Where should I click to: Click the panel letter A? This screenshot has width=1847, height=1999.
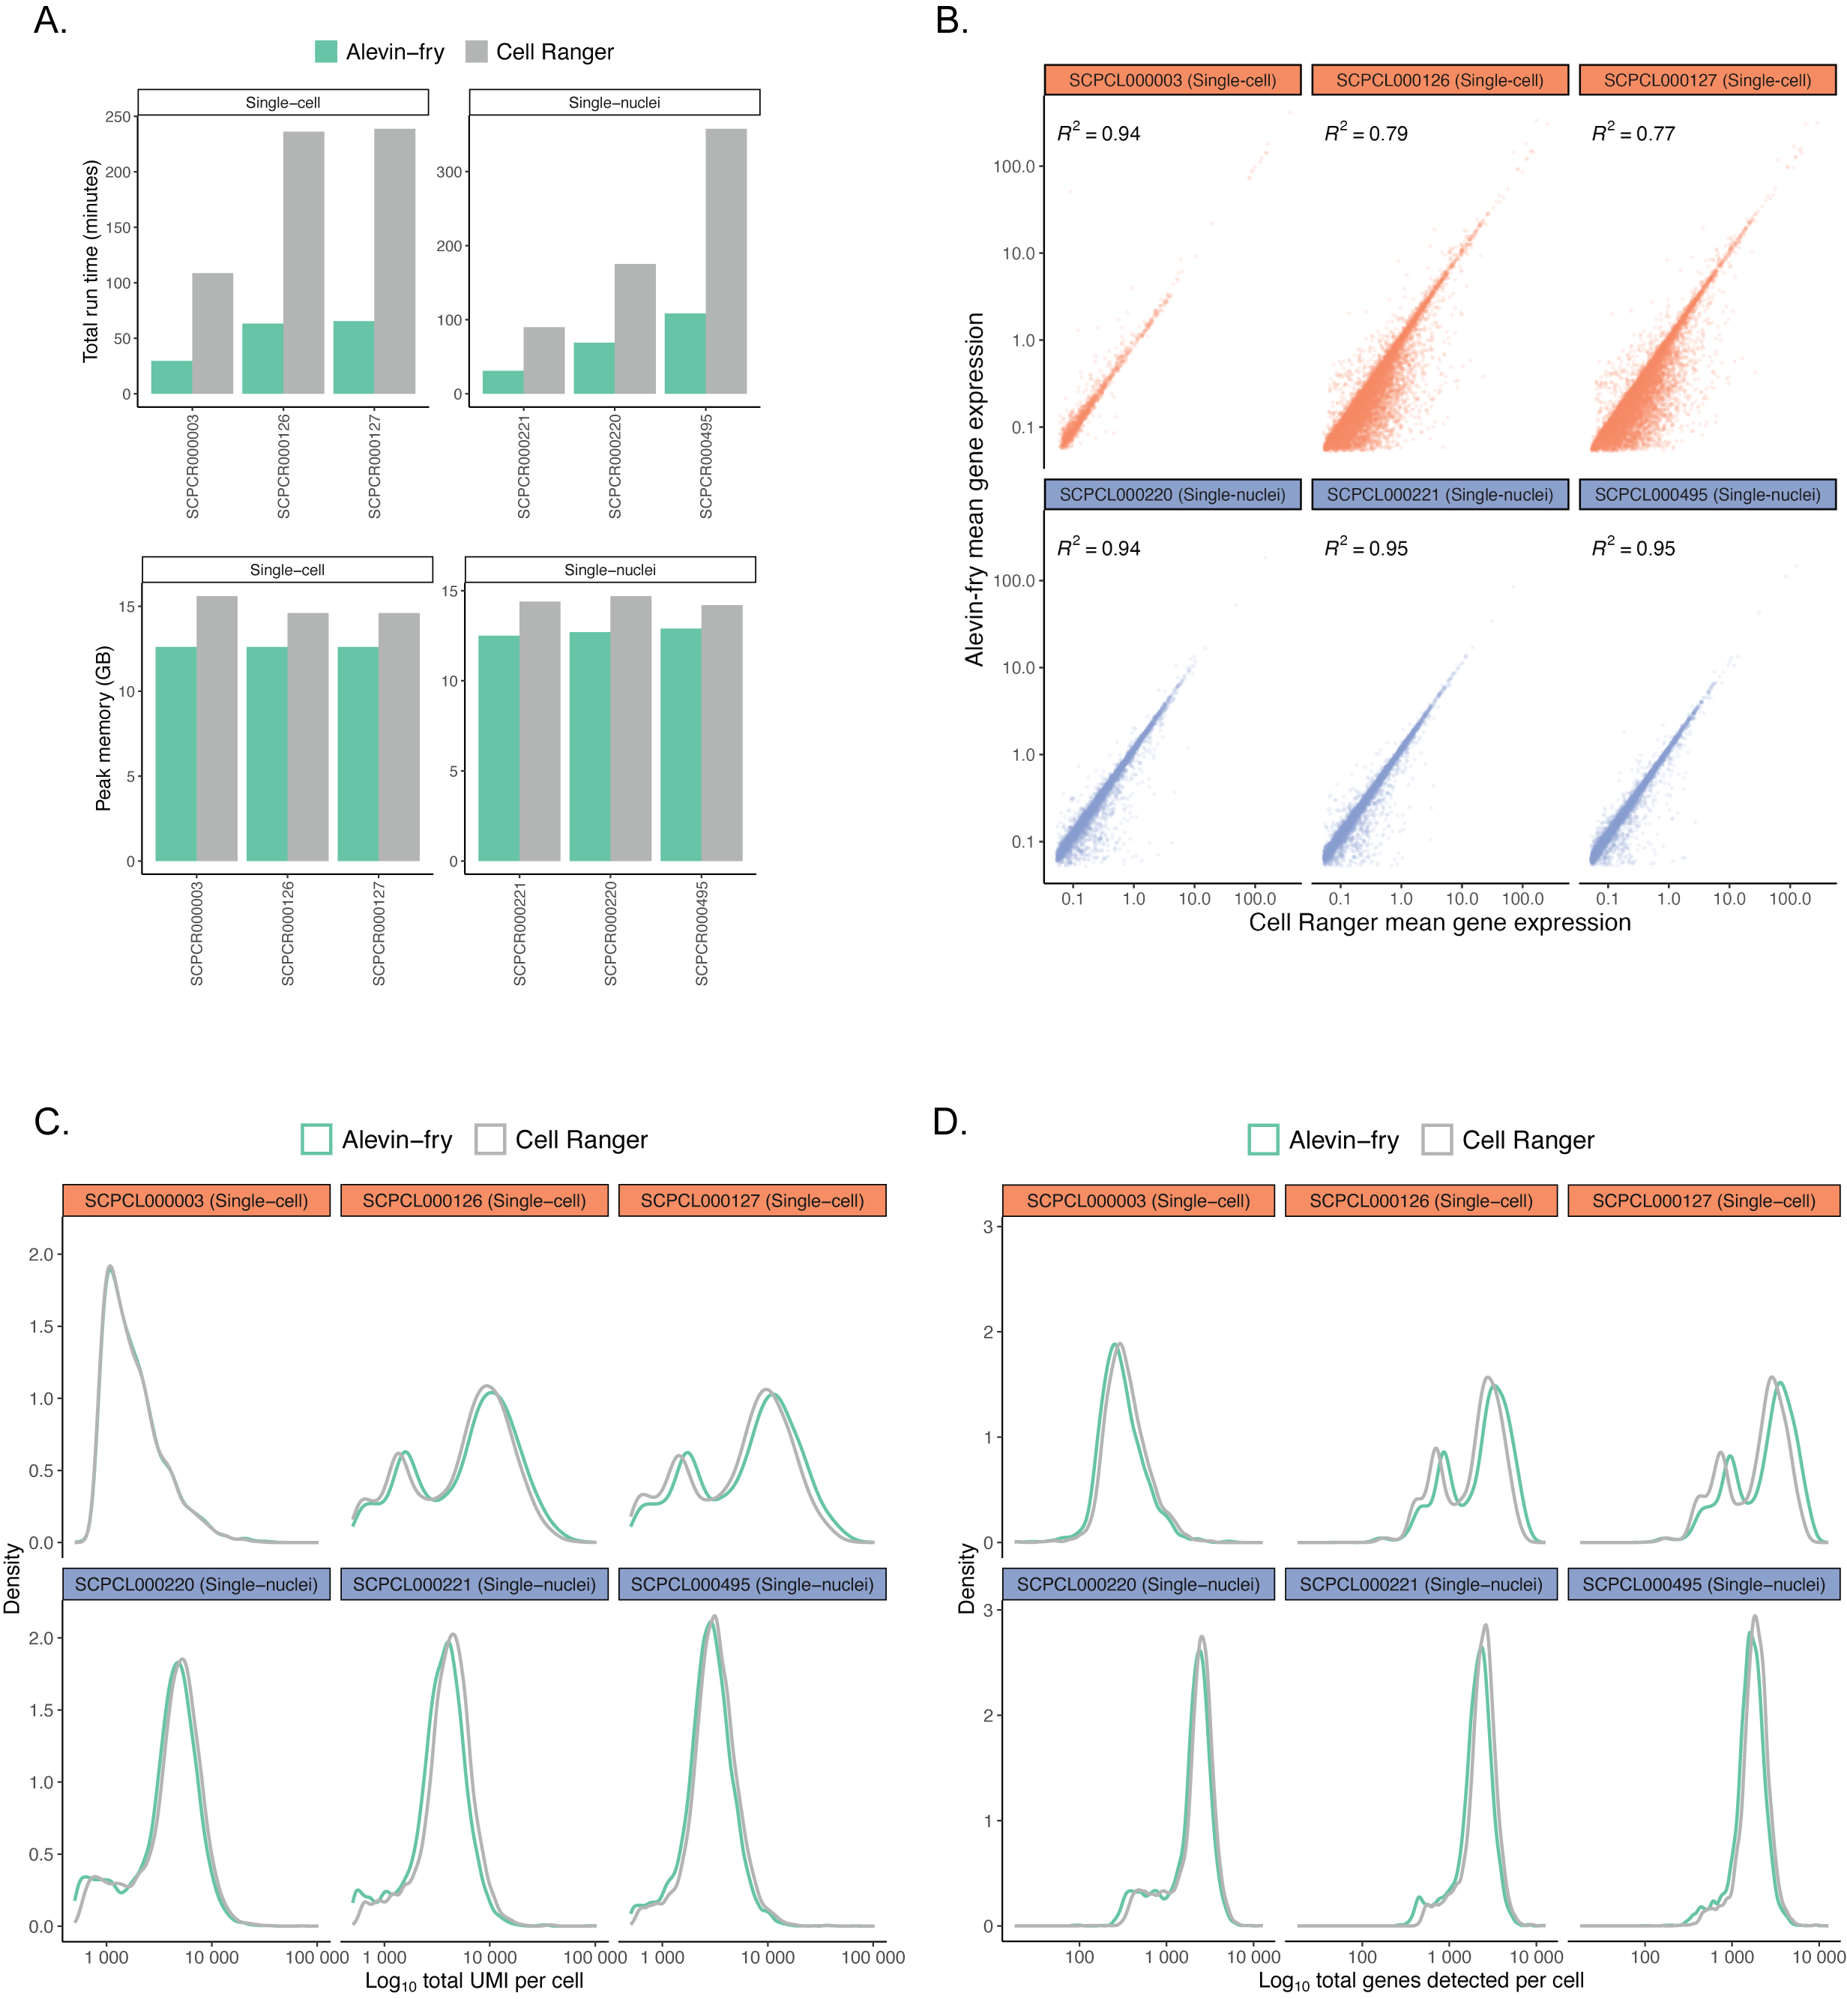pos(50,21)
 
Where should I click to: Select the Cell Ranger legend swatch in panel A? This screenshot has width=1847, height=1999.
pos(477,52)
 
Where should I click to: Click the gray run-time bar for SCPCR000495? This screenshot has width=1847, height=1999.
pos(726,261)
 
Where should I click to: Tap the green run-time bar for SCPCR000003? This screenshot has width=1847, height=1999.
pos(172,377)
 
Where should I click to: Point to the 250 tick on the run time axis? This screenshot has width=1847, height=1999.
pos(118,117)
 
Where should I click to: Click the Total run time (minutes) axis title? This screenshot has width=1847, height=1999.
pos(91,261)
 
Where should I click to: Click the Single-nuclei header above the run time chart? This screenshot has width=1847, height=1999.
pos(614,103)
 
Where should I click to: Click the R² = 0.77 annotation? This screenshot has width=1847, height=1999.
pos(1633,133)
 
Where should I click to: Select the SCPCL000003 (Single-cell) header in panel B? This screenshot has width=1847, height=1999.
pos(1172,80)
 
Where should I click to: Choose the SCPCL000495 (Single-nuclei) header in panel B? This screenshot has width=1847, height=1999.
pos(1707,495)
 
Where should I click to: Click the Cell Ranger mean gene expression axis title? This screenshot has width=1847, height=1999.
pos(1439,922)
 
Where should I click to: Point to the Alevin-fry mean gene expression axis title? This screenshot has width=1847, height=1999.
pos(974,489)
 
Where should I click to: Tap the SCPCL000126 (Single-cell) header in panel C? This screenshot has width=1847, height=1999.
pos(474,1200)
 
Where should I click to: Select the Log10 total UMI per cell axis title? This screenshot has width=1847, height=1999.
pos(474,1981)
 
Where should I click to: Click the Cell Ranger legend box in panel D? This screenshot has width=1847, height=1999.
pos(1436,1140)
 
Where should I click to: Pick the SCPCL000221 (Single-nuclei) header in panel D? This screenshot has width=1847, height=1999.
pos(1420,1584)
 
